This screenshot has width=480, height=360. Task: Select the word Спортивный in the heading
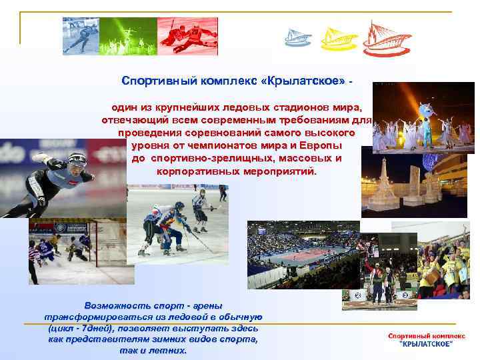pos(152,81)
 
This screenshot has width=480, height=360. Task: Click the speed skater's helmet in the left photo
pos(77,161)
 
